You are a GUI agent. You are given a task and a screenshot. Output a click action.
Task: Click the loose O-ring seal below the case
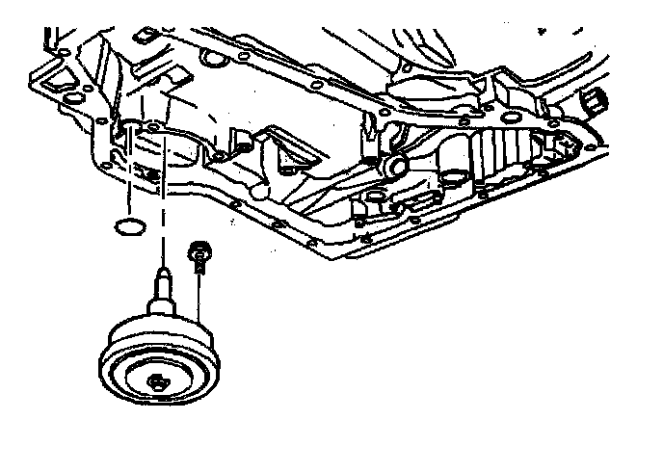[127, 227]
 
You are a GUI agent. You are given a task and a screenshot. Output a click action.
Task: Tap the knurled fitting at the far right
[594, 99]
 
